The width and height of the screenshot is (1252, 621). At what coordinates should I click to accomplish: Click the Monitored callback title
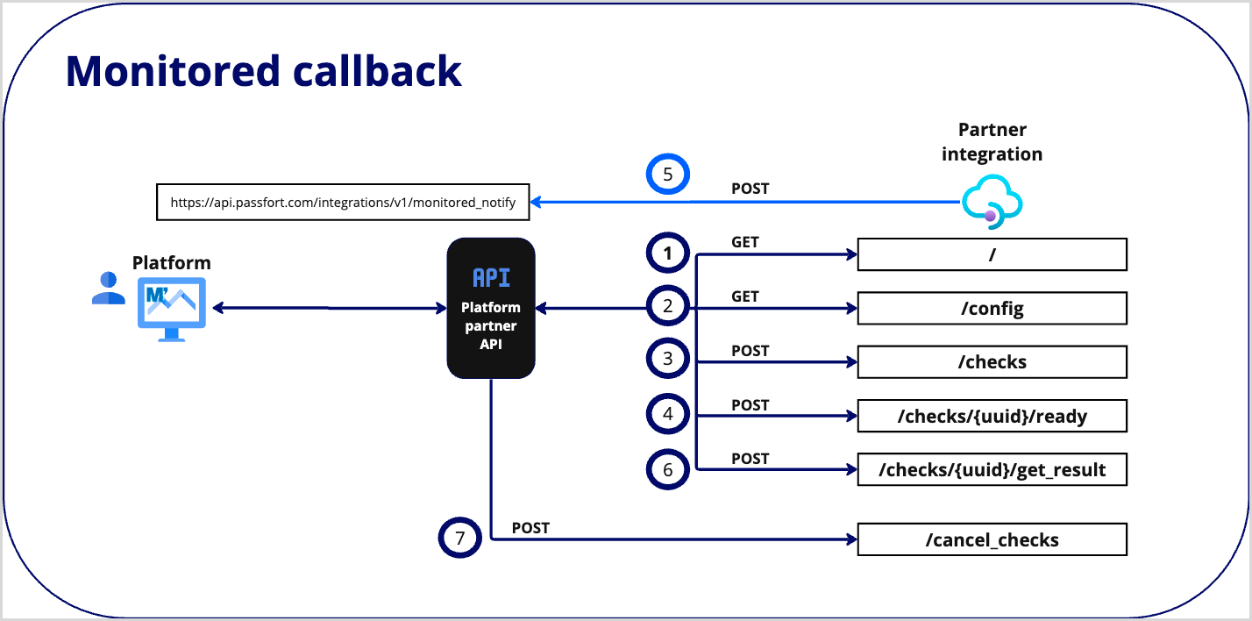(x=263, y=71)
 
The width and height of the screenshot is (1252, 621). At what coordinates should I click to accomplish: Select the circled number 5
(x=668, y=175)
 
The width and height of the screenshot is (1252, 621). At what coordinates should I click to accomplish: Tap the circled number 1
(x=668, y=254)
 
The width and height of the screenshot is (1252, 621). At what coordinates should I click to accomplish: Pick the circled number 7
(x=459, y=538)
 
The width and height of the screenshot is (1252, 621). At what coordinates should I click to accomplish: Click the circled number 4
(x=668, y=414)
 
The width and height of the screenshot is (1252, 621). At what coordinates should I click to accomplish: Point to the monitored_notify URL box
(x=343, y=202)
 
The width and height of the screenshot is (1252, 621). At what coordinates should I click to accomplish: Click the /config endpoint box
(x=992, y=309)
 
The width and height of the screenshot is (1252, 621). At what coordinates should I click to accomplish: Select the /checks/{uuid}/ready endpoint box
(x=992, y=416)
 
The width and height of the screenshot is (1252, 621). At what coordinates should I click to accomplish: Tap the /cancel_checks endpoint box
(x=992, y=539)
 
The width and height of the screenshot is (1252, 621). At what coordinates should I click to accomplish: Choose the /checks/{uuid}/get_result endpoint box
(x=992, y=470)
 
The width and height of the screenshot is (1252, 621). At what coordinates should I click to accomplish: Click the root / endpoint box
(x=992, y=254)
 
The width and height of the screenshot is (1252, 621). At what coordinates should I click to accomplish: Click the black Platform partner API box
(x=491, y=308)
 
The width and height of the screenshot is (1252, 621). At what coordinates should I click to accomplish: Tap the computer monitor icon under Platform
(x=171, y=308)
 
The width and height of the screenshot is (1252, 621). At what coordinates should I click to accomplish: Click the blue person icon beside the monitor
(x=108, y=289)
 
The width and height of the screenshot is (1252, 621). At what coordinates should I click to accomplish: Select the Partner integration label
(x=992, y=142)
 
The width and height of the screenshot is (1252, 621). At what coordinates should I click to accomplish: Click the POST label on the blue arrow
(x=750, y=189)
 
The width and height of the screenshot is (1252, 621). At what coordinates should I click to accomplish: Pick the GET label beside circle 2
(x=745, y=296)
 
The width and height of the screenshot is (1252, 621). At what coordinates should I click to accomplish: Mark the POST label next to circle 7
(x=530, y=527)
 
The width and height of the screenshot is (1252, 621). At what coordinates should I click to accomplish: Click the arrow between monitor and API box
(x=329, y=308)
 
